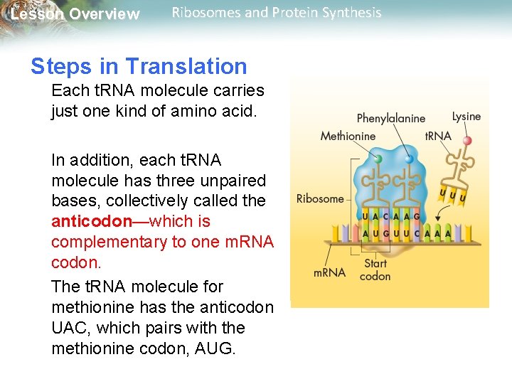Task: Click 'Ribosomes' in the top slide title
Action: tap(206, 13)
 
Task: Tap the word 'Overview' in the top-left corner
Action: tap(106, 14)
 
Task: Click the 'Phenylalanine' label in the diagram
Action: tap(390, 119)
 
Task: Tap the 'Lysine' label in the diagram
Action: tap(466, 116)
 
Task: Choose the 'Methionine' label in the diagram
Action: tap(348, 136)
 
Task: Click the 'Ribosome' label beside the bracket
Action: tap(320, 198)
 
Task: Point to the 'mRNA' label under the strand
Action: tap(330, 272)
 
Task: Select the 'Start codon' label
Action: tap(375, 270)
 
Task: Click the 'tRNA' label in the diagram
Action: tap(437, 136)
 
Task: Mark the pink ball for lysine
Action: tap(467, 141)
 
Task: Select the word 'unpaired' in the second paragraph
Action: tap(229, 181)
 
